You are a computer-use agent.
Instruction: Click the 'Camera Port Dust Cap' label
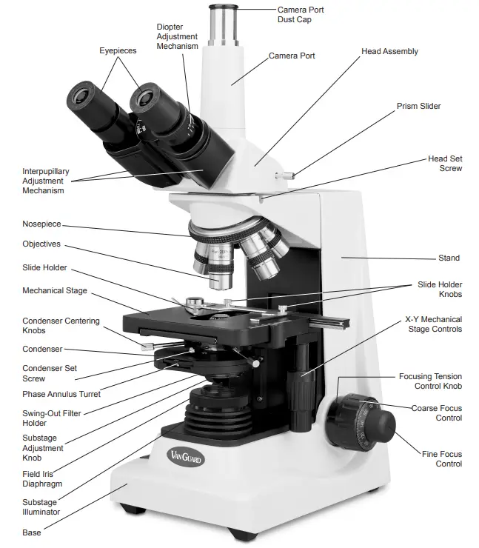pyautogui.click(x=300, y=15)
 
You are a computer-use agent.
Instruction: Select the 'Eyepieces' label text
pyautogui.click(x=118, y=50)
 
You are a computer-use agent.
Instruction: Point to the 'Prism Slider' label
pyautogui.click(x=418, y=106)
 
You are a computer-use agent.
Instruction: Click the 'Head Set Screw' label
pyautogui.click(x=444, y=164)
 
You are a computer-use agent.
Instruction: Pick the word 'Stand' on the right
pyautogui.click(x=449, y=258)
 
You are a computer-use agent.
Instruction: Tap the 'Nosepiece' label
pyautogui.click(x=41, y=224)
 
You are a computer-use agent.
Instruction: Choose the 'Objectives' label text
pyautogui.click(x=41, y=244)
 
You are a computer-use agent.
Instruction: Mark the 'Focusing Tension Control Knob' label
pyautogui.click(x=430, y=381)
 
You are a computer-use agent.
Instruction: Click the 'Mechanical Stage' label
pyautogui.click(x=55, y=291)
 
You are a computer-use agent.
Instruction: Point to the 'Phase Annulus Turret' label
pyautogui.click(x=61, y=394)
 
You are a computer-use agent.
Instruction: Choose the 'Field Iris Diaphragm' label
pyautogui.click(x=41, y=478)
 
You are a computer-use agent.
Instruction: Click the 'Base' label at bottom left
pyautogui.click(x=32, y=532)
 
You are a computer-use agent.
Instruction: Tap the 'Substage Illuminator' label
pyautogui.click(x=41, y=507)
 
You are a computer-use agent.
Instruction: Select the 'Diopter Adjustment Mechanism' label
pyautogui.click(x=177, y=36)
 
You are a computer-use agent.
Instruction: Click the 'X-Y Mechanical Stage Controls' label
pyautogui.click(x=433, y=324)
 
